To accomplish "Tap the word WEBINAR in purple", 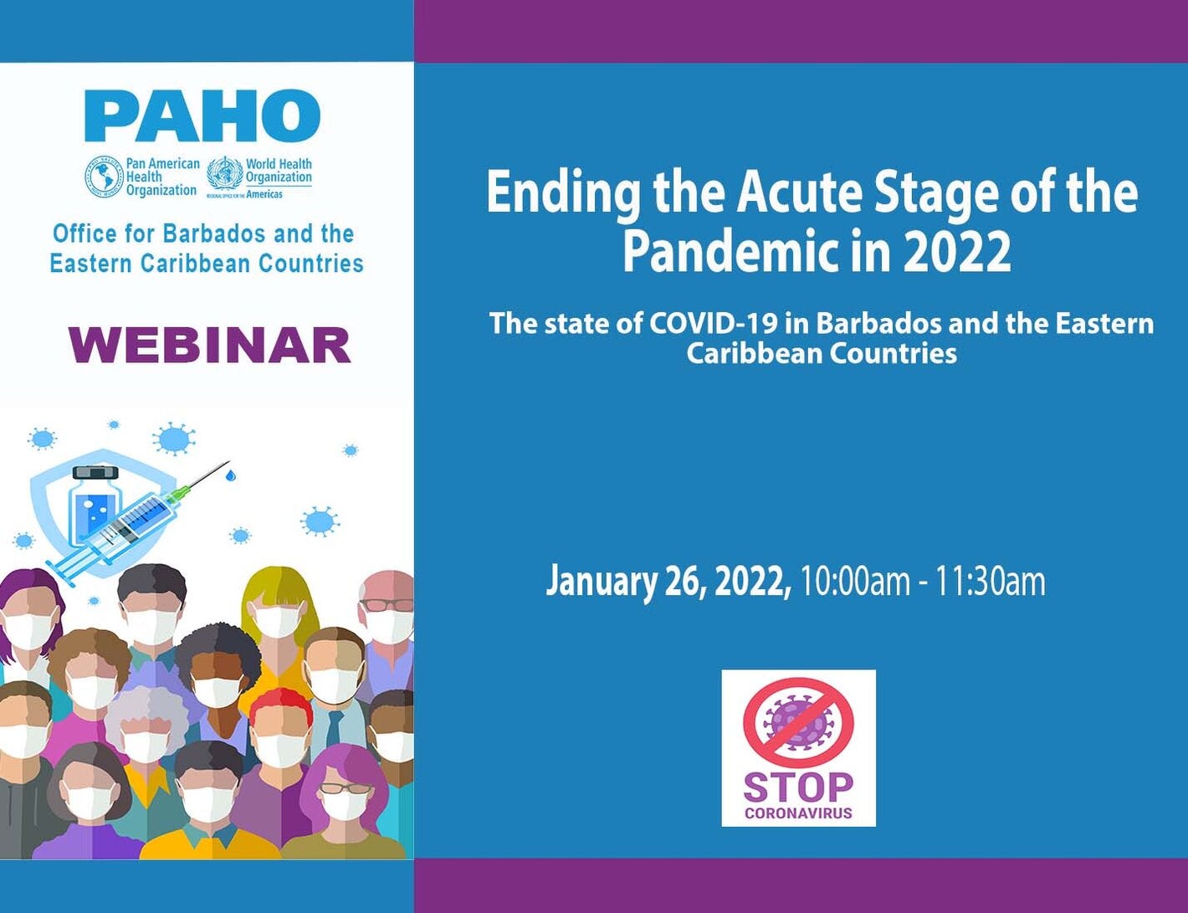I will click(x=209, y=346).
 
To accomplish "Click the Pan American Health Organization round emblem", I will click(x=104, y=177).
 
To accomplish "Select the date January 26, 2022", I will click(x=668, y=581).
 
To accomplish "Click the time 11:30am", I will click(x=990, y=581).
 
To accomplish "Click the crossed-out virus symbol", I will click(x=798, y=722).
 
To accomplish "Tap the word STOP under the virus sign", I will click(x=798, y=787).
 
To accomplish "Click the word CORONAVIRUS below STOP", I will click(x=798, y=813).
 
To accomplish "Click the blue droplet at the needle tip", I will click(x=231, y=475).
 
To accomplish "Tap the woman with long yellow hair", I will click(x=277, y=603).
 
